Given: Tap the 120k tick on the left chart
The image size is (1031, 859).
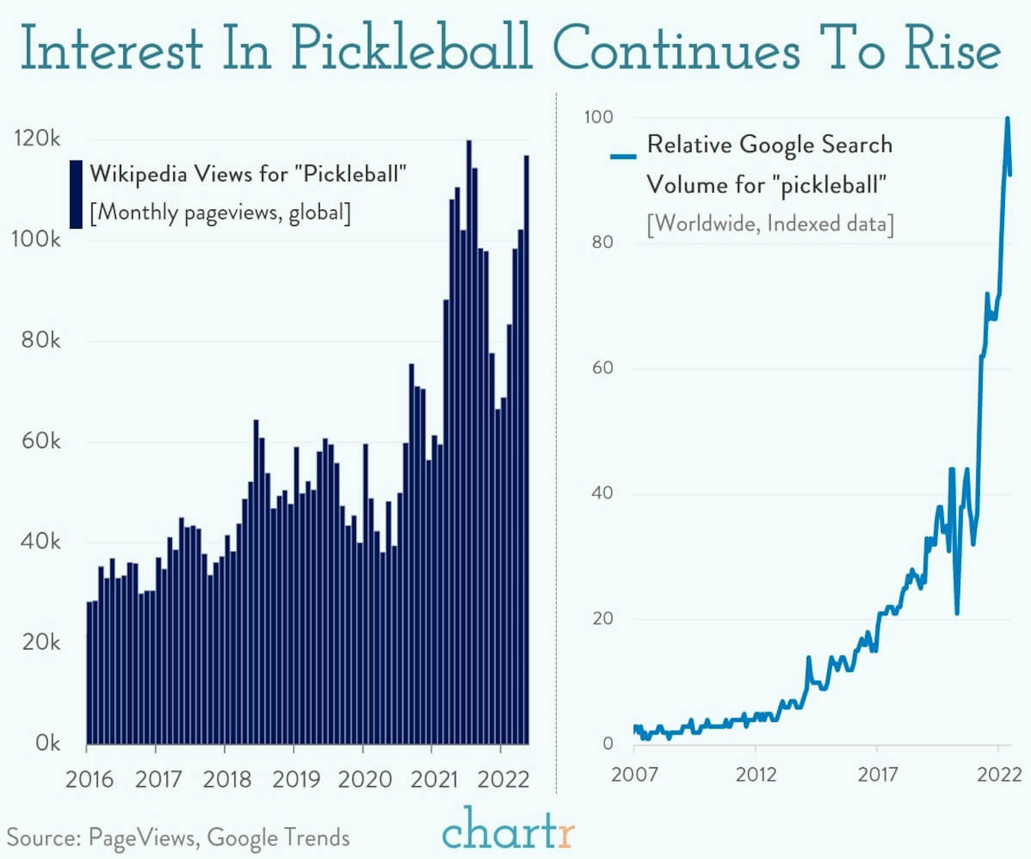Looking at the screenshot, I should (x=37, y=139).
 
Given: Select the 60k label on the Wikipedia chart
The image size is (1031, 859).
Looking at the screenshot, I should (x=41, y=441).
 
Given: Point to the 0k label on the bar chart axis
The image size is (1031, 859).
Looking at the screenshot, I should (x=48, y=743).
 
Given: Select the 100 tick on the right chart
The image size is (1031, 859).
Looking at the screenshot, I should (x=598, y=117).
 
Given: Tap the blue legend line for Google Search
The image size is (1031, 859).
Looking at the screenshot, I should (x=623, y=157).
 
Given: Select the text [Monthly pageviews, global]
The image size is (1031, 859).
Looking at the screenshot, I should (x=220, y=213).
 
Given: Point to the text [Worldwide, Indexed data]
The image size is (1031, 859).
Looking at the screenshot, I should (x=770, y=224).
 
